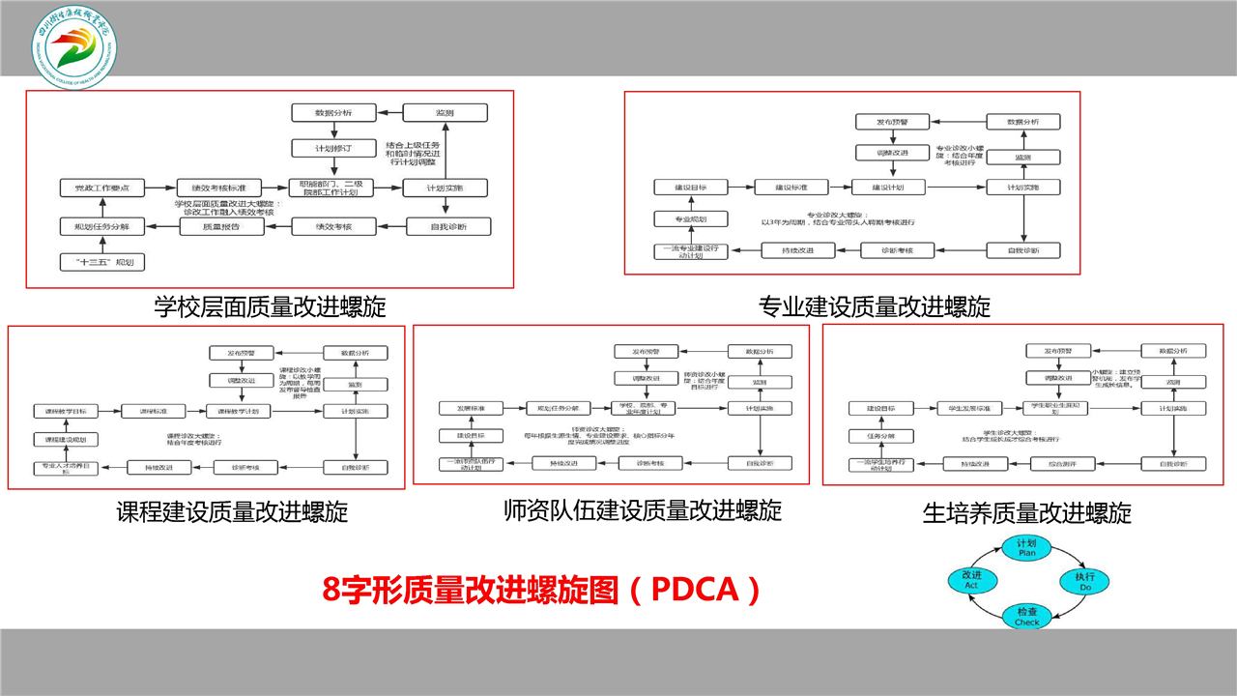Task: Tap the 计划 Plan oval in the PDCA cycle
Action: coord(1026,548)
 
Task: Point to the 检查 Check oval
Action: coord(1026,616)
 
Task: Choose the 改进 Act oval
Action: coord(971,580)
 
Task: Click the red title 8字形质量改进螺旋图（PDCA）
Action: coord(541,589)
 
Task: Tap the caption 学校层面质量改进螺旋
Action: coord(270,306)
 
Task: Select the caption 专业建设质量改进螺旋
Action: coord(875,307)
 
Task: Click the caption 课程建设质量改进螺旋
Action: coord(232,510)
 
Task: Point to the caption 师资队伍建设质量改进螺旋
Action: coord(642,509)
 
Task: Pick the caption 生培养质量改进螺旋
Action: coord(1026,512)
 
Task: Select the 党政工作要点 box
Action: coord(96,188)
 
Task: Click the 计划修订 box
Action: coord(331,149)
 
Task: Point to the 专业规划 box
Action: coord(690,218)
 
